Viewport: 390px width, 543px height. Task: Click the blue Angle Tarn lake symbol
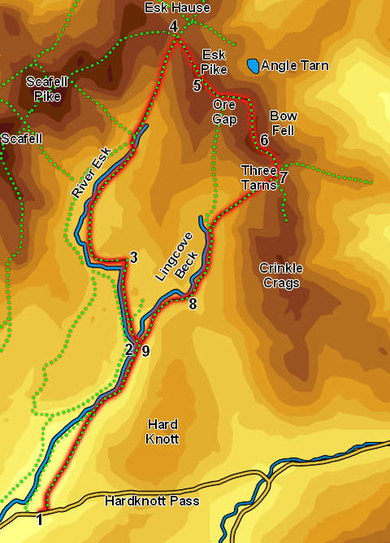point(254,65)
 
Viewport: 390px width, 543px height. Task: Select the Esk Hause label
point(176,8)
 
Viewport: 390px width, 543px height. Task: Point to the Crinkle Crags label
point(279,275)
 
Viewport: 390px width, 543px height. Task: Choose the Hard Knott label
point(162,431)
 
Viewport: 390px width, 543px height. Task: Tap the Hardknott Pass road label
point(152,501)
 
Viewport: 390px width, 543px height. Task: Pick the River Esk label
point(90,172)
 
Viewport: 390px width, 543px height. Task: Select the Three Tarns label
point(258,177)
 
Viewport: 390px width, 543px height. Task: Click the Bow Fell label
point(284,123)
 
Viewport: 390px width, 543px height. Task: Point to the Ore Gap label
point(224,112)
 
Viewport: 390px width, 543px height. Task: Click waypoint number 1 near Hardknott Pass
point(38,519)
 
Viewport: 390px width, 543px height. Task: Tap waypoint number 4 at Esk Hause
point(174,28)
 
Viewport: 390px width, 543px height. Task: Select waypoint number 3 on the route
point(133,258)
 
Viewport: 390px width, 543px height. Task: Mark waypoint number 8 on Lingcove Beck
point(193,304)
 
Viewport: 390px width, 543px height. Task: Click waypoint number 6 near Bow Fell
point(265,141)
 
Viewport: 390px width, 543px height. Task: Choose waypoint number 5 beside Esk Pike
point(197,85)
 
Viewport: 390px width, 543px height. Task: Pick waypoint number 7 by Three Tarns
point(284,177)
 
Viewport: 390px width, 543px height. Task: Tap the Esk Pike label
point(213,62)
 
